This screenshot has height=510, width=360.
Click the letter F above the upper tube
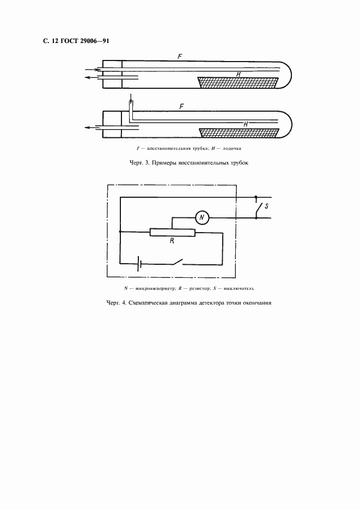(x=180, y=56)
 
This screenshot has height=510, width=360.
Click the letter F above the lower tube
(x=182, y=106)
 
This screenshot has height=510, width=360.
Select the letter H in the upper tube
(x=239, y=75)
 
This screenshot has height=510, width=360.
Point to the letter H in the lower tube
(x=246, y=124)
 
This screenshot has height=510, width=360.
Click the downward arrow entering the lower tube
(x=130, y=98)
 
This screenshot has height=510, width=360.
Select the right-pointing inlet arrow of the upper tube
(x=93, y=69)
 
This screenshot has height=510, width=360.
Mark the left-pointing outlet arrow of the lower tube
(x=93, y=128)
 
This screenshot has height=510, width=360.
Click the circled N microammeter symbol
(x=202, y=217)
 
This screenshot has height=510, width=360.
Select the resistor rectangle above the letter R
(x=172, y=232)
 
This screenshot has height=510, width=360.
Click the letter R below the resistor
(x=172, y=241)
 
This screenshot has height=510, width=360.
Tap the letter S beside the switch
(x=266, y=206)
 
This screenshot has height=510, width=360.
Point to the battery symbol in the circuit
(x=139, y=264)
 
